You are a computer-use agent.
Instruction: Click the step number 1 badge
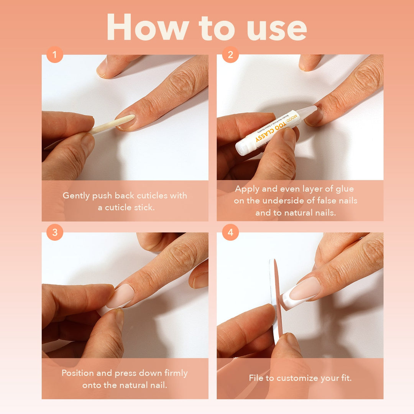point(54,55)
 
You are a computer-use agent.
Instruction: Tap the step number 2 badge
point(230,55)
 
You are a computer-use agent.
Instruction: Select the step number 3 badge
point(54,233)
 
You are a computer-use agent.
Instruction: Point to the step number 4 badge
point(230,233)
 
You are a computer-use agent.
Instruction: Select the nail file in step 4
point(276,299)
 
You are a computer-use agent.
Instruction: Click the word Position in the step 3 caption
point(80,373)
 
